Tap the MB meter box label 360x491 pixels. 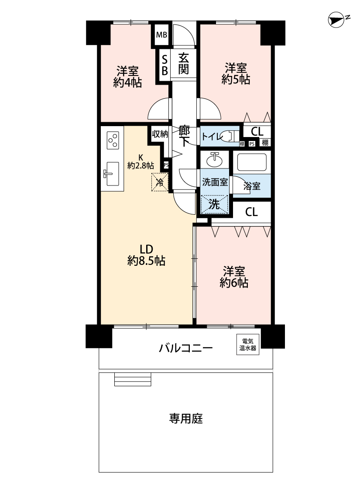(x=161, y=35)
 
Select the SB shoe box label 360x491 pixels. (x=165, y=65)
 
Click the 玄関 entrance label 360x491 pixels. (x=183, y=64)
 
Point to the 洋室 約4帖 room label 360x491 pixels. (x=127, y=77)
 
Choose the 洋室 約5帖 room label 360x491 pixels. (x=236, y=74)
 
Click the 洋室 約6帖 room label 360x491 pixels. (x=234, y=277)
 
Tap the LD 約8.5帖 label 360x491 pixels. (x=146, y=255)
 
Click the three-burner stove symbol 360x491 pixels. (x=113, y=140)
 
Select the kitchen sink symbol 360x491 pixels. (x=110, y=174)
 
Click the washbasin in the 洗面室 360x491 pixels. (x=215, y=159)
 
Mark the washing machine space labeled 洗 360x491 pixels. (x=214, y=205)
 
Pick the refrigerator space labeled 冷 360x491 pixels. (x=160, y=182)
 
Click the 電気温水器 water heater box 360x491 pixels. (x=248, y=344)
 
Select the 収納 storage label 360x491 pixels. (x=160, y=134)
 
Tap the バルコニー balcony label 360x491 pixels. (x=186, y=348)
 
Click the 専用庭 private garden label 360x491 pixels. (x=186, y=419)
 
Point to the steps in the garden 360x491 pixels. (x=133, y=379)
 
